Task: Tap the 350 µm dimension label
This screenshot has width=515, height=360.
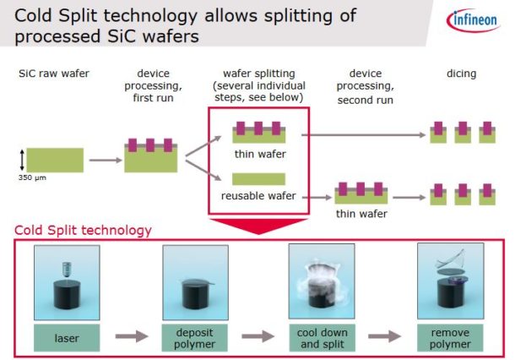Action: tap(30, 178)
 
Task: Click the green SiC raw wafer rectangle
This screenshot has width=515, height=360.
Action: tap(55, 159)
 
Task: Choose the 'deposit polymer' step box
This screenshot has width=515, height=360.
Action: tap(195, 337)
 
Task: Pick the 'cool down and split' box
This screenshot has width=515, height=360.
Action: tap(322, 337)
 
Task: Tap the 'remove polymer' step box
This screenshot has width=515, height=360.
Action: tap(450, 337)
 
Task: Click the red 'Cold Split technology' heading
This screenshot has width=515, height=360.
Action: tap(82, 230)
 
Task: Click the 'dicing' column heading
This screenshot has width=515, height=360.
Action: tap(461, 74)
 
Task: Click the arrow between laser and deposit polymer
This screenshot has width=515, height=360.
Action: tap(131, 337)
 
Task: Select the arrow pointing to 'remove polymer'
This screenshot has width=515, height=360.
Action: tap(387, 337)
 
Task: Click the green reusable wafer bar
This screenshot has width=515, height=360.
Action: tap(257, 179)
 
